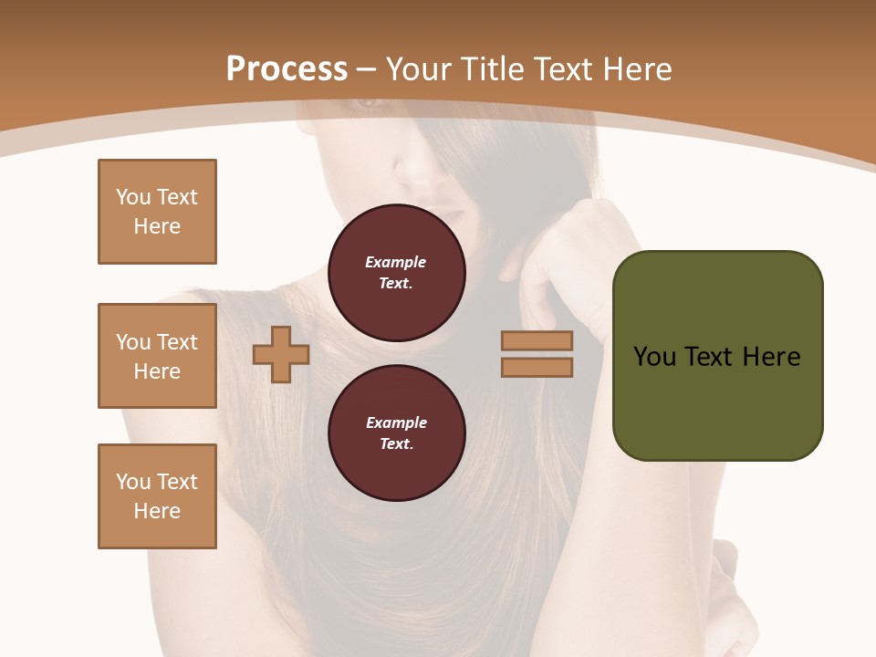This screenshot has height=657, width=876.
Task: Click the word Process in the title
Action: click(x=287, y=68)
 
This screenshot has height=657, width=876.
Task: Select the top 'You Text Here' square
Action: click(x=157, y=212)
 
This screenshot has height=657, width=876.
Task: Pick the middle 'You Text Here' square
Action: click(x=157, y=356)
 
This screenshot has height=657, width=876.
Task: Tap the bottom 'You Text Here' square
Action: click(x=157, y=496)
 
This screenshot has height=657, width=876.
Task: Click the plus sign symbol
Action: click(x=281, y=354)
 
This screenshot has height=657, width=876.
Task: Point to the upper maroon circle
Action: click(x=396, y=273)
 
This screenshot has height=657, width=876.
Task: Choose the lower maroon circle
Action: click(x=396, y=433)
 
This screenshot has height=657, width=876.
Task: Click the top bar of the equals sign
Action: click(x=537, y=340)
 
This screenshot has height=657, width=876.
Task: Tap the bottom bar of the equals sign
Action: click(x=537, y=367)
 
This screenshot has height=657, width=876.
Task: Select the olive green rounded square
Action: click(x=717, y=356)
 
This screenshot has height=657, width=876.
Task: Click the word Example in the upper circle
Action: click(x=396, y=262)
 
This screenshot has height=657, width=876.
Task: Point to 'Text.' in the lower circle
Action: click(x=396, y=443)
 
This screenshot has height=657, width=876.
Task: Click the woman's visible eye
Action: click(x=369, y=103)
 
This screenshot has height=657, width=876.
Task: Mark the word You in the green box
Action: click(x=653, y=356)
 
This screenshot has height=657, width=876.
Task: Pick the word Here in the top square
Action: click(x=157, y=226)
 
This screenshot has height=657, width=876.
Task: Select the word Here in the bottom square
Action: click(x=157, y=511)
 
